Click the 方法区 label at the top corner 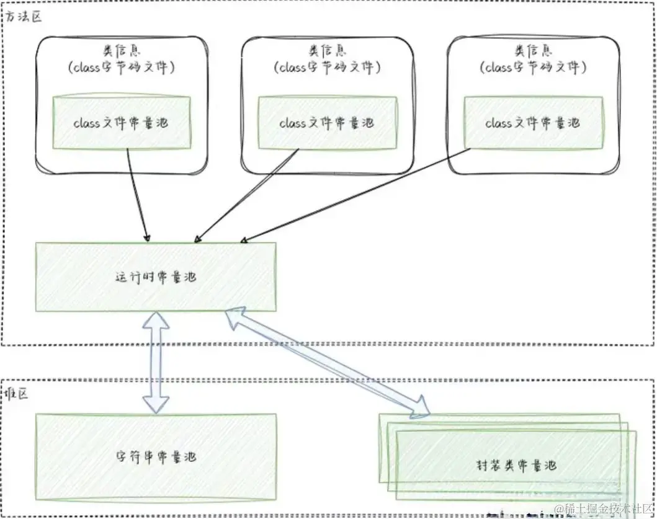click(23, 17)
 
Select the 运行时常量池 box click(156, 277)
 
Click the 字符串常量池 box click(156, 457)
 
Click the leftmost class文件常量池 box click(121, 123)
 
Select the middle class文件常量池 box click(327, 123)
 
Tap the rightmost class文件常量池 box click(533, 123)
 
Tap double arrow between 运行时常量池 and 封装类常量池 click(329, 363)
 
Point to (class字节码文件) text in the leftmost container click(121, 67)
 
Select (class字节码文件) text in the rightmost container click(533, 67)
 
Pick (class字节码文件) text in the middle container click(327, 67)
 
